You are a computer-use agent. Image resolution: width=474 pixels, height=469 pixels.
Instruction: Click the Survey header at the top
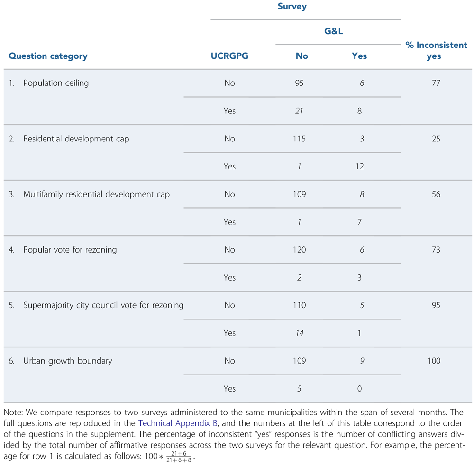[292, 7]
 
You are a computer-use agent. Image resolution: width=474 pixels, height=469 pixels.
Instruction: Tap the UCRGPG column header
[229, 56]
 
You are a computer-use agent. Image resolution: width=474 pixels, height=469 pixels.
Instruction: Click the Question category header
[48, 56]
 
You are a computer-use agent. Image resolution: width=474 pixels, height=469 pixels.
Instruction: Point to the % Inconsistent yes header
[436, 50]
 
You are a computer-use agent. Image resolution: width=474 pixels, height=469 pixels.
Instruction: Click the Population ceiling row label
[56, 83]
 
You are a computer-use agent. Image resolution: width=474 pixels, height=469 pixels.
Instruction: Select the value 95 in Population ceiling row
[299, 83]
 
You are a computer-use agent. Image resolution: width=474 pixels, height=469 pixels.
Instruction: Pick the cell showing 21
[299, 111]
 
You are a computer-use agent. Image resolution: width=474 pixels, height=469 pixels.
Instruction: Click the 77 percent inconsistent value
[436, 83]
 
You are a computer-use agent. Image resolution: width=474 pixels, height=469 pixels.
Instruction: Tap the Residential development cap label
[76, 139]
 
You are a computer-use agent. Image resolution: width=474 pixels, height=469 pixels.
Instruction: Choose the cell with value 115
[299, 139]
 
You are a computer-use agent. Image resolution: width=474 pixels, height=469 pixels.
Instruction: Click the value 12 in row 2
[359, 167]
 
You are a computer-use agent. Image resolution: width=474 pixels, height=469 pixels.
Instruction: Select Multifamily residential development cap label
[96, 194]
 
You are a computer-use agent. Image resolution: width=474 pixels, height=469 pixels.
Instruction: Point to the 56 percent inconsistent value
[436, 194]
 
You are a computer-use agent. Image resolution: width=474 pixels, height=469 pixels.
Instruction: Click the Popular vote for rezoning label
[70, 250]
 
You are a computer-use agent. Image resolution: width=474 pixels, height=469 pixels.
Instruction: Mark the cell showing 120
[299, 250]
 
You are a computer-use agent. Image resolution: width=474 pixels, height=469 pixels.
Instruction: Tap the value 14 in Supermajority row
[299, 333]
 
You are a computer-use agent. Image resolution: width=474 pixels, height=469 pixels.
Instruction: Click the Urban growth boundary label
[68, 361]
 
